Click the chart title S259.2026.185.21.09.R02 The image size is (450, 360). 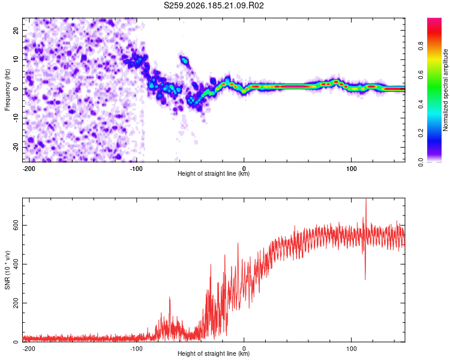[214, 5]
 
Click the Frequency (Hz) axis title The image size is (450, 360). [7, 90]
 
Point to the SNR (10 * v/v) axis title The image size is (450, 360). [7, 270]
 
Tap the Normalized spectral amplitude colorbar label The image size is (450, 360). [445, 90]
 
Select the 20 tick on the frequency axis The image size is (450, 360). [16, 30]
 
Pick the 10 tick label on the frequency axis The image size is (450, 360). [16, 59]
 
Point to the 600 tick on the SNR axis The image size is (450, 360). [16, 226]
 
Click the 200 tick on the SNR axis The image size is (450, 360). [16, 303]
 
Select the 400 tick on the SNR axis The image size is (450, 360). [16, 264]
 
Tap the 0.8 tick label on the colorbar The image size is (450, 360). [421, 46]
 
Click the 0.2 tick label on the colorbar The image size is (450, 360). [421, 133]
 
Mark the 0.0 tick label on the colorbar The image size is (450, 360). [421, 162]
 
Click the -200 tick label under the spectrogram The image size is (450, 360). [29, 169]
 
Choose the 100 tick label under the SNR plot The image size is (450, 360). [351, 349]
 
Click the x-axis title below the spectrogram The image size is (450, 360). [214, 173]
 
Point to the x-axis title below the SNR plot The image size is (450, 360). [214, 353]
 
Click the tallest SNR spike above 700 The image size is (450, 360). [366, 200]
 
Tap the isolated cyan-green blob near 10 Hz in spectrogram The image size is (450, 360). [185, 61]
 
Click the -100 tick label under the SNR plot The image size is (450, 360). [136, 349]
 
